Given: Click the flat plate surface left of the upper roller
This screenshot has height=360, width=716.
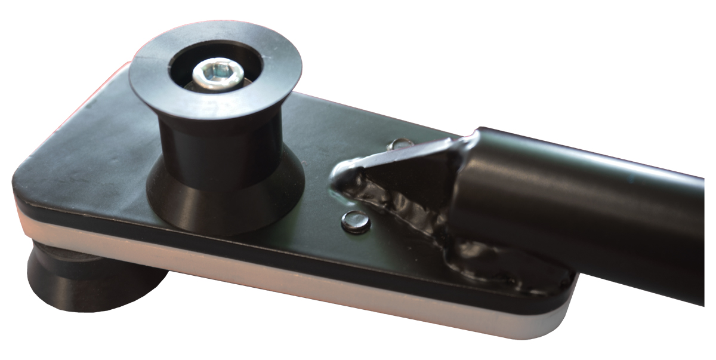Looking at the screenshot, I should pyautogui.click(x=89, y=149).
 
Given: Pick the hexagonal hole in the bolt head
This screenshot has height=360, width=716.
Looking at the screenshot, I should pyautogui.click(x=215, y=72).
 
